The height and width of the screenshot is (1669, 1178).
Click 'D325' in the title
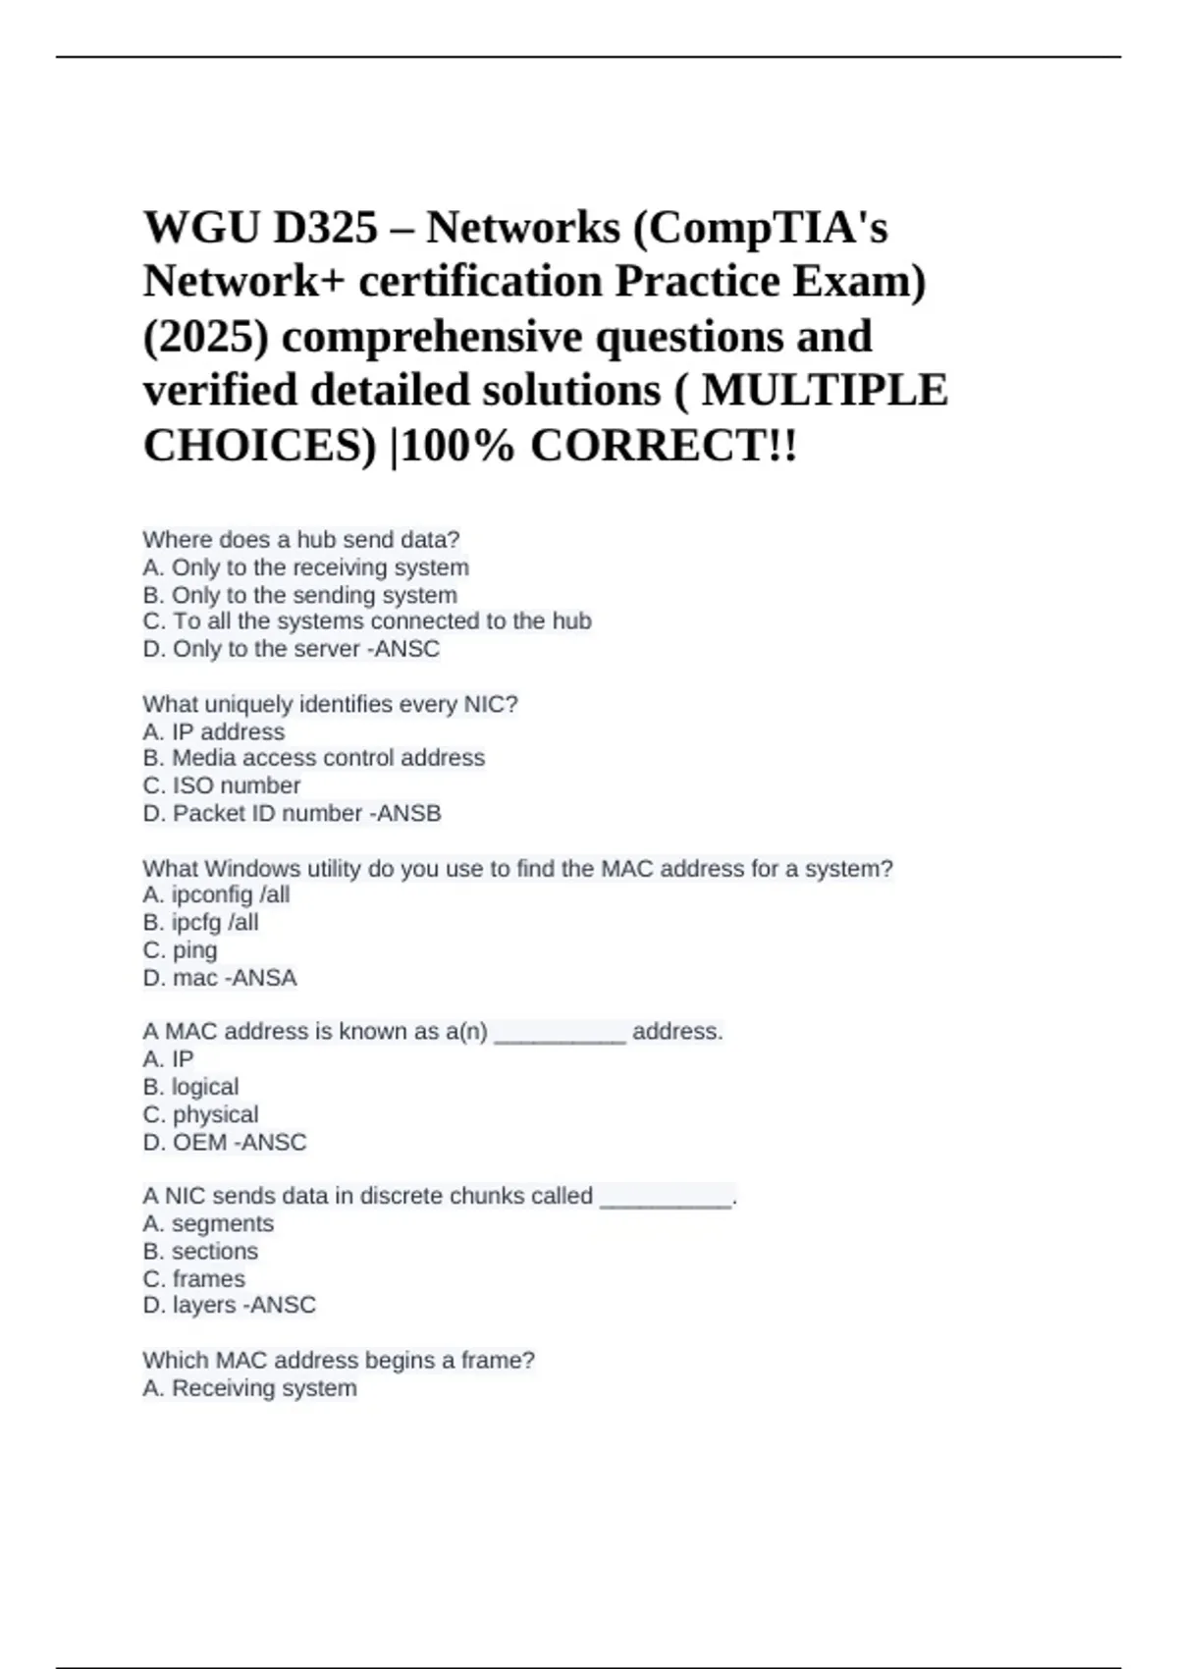[x=325, y=228]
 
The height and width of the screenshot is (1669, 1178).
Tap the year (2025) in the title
[x=205, y=337]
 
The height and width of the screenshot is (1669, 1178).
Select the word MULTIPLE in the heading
[x=825, y=391]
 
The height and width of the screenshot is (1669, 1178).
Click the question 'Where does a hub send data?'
[x=300, y=540]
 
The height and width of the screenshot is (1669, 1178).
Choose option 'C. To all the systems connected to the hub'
[x=366, y=621]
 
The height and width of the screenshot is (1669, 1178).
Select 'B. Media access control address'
[x=313, y=758]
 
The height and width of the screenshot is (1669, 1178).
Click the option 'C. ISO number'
[x=221, y=785]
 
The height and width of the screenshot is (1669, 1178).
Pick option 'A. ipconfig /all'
[x=216, y=894]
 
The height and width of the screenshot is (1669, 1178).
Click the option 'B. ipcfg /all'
[x=200, y=922]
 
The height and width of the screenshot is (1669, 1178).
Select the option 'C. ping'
[x=180, y=950]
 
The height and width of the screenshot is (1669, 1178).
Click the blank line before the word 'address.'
[x=560, y=1034]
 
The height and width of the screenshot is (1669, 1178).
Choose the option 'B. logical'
[x=190, y=1087]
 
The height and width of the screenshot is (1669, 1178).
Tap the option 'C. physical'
[x=200, y=1114]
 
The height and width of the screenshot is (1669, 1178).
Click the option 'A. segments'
[x=208, y=1223]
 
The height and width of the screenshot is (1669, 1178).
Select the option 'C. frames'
[x=193, y=1278]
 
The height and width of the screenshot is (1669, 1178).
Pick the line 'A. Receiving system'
[x=249, y=1388]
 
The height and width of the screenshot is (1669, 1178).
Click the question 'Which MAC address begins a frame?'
[x=339, y=1361]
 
